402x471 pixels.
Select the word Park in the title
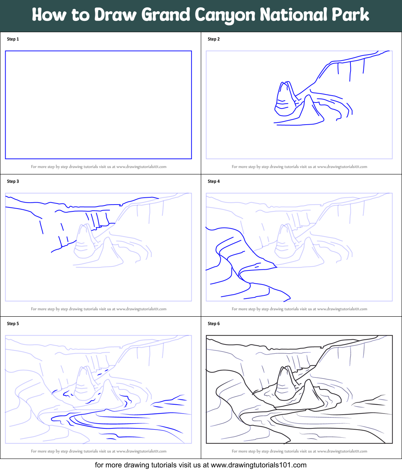pos(351,15)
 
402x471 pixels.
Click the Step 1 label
pos(13,39)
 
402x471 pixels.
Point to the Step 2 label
pos(214,39)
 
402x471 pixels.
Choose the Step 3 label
pos(13,181)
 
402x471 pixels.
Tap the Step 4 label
pos(214,181)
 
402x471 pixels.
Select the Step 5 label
pos(13,324)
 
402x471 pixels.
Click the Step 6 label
pos(214,324)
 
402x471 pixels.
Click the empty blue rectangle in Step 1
pos(98,104)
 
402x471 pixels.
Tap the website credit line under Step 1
pos(99,166)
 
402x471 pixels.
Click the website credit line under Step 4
pos(299,309)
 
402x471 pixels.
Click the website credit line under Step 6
pos(299,451)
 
